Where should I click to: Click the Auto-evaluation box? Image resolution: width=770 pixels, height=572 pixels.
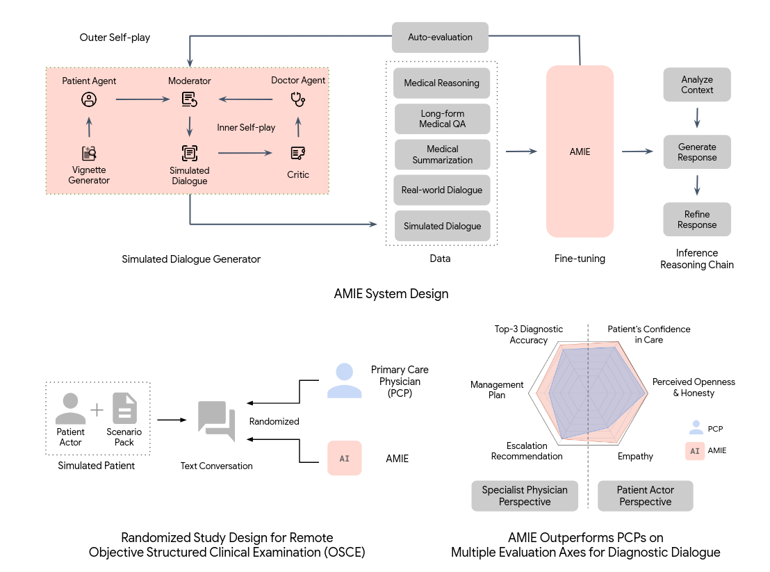(x=440, y=38)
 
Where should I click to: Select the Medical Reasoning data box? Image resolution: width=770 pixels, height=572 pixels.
(x=442, y=83)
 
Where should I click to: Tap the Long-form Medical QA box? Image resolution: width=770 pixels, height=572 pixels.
(x=442, y=119)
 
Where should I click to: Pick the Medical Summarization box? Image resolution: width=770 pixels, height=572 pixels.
(x=442, y=154)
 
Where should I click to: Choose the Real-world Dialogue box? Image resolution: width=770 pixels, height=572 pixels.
(x=442, y=190)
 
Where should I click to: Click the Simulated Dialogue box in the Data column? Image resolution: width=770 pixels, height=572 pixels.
(x=442, y=226)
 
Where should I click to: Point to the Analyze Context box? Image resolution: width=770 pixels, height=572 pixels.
(x=697, y=85)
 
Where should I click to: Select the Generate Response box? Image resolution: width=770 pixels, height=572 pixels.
(x=697, y=152)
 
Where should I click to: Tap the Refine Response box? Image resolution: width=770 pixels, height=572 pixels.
(x=697, y=220)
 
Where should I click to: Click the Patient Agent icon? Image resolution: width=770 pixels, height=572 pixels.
(x=88, y=100)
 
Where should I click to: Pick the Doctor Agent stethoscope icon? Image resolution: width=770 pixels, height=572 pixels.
(x=298, y=100)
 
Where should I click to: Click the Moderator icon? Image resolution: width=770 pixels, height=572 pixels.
(x=189, y=100)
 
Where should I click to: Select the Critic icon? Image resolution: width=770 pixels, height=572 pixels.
(x=298, y=153)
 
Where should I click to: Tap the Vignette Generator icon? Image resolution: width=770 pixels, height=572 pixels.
(x=89, y=153)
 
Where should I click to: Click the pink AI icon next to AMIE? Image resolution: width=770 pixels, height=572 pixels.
(x=345, y=458)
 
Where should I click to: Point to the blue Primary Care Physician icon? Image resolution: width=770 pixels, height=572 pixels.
(x=345, y=380)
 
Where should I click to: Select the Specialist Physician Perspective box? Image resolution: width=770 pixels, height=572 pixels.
(x=525, y=496)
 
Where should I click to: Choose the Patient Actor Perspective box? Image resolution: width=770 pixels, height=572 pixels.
(x=646, y=496)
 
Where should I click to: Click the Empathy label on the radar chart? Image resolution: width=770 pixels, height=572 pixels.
(x=635, y=457)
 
